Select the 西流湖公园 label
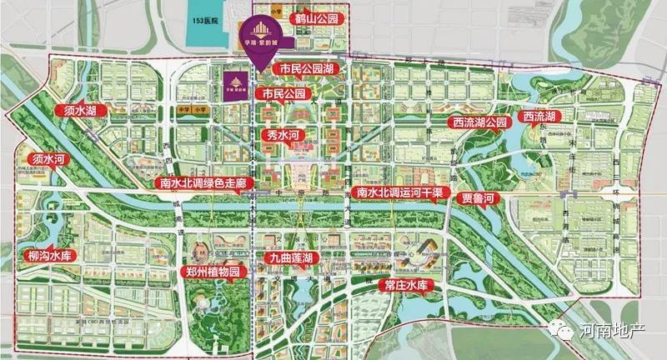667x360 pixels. (x=479, y=122)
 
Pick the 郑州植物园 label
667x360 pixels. (x=212, y=272)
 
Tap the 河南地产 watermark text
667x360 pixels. (x=616, y=331)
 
